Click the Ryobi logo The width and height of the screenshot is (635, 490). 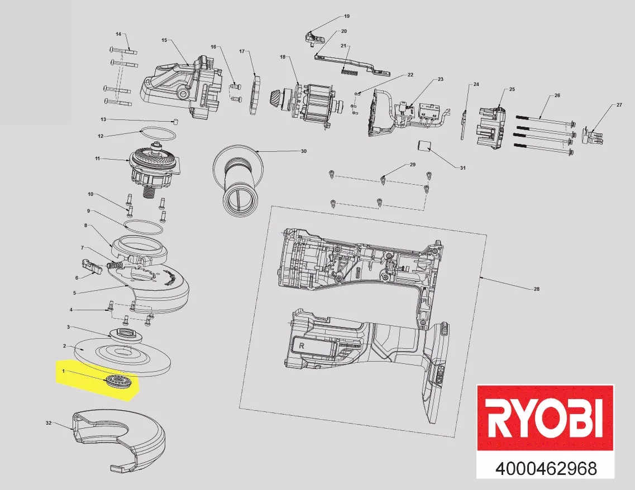coord(546,417)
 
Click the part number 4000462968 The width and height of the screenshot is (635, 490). coord(546,469)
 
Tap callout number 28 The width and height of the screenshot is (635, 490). coord(537,289)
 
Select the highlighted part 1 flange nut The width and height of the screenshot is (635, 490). coord(117,382)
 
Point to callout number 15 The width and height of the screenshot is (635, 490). coord(164,40)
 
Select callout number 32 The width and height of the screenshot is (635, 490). coord(49,423)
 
